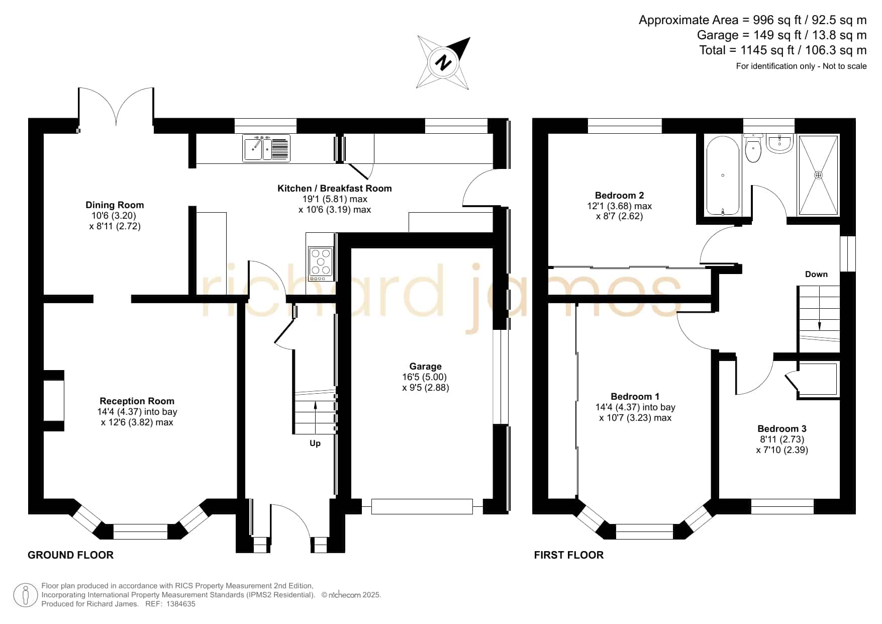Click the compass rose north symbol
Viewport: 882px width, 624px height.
(x=443, y=63)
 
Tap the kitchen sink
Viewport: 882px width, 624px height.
(x=266, y=148)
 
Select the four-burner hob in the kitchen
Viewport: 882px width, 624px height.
(x=321, y=264)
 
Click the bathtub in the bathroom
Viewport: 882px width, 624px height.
(x=723, y=175)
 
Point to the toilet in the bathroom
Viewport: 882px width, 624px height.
(x=753, y=148)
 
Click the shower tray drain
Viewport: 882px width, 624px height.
(x=819, y=175)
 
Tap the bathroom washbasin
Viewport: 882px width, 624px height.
(x=780, y=143)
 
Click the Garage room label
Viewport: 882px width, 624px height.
(x=425, y=367)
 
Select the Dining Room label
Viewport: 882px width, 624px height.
(x=115, y=205)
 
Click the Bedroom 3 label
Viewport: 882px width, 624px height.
(x=782, y=428)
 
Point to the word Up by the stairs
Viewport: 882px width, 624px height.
(x=315, y=443)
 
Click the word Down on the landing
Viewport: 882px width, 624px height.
(x=816, y=274)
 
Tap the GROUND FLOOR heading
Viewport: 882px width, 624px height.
(x=70, y=555)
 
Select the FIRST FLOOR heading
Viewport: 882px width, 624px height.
(x=569, y=555)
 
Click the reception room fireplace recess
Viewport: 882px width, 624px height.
(x=54, y=401)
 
